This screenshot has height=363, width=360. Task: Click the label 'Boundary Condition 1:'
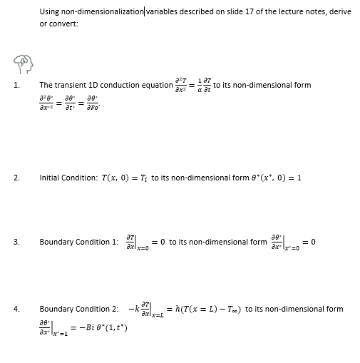78,242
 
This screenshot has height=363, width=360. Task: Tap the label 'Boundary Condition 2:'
78,309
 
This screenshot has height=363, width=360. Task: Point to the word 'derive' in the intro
339,11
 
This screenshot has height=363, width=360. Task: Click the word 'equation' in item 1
155,86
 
